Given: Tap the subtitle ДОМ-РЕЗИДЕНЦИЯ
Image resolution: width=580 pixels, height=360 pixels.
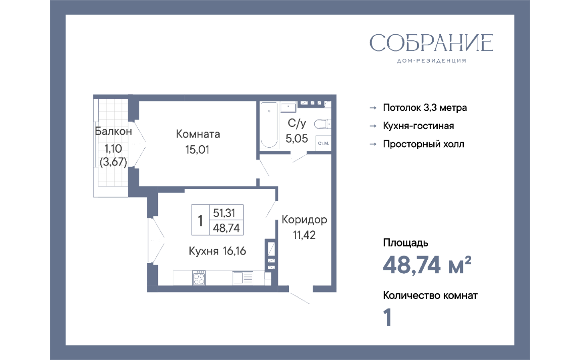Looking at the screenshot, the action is point(431,61).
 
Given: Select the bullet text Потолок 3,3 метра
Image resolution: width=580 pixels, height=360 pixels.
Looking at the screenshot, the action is point(425,107).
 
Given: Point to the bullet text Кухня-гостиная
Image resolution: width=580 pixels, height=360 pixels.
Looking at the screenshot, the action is point(418,126).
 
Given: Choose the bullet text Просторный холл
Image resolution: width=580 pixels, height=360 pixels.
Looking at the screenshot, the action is point(424,144).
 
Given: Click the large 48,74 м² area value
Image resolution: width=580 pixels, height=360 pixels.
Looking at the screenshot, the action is point(427,265).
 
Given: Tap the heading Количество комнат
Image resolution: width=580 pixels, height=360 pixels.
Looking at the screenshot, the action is point(430,295).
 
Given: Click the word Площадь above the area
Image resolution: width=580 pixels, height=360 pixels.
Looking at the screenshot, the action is point(405,243).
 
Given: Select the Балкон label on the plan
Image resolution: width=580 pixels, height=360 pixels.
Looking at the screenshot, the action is point(113,131).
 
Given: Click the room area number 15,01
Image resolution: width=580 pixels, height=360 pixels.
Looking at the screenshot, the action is point(197,150).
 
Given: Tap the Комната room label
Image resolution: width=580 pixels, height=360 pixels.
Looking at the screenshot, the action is point(198,134).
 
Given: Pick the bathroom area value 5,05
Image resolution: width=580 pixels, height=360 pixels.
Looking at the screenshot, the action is point(297,139).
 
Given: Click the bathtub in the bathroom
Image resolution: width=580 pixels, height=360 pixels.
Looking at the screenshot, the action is point(269,125).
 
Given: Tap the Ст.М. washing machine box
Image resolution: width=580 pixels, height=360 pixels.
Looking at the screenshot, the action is point(323,143).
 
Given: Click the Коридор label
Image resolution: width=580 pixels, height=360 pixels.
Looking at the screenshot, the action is point(305,219).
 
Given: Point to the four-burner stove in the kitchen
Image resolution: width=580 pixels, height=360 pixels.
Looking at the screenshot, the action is point(199,278).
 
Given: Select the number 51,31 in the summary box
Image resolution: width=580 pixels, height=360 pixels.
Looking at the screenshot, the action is point(224,213).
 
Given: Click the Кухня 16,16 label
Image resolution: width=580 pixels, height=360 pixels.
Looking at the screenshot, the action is point(217,251).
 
